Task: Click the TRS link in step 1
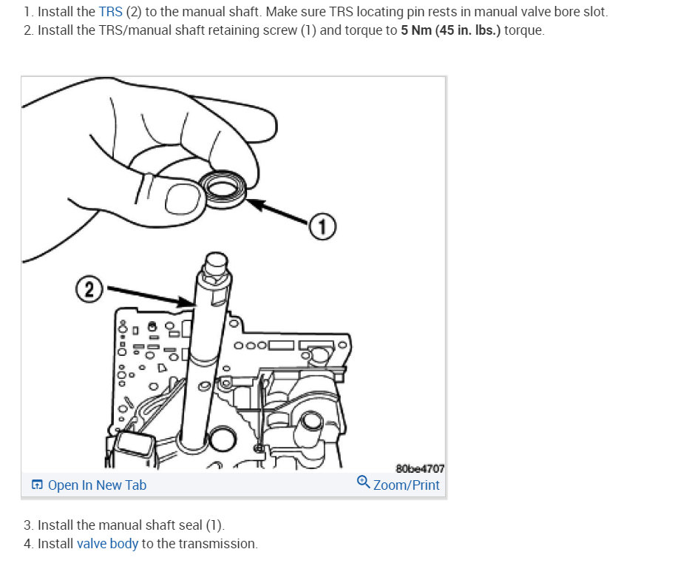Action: pos(110,13)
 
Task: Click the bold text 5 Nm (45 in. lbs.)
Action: pos(450,31)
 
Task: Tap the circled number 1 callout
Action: pos(323,227)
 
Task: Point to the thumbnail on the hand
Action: pos(181,199)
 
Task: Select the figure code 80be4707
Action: pos(420,468)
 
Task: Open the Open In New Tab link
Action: pos(97,485)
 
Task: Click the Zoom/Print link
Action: pos(406,485)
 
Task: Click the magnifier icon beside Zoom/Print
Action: pos(363,482)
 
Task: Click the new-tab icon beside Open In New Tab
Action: pos(37,485)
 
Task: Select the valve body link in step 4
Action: pos(107,544)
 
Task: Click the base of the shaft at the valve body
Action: pos(196,444)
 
